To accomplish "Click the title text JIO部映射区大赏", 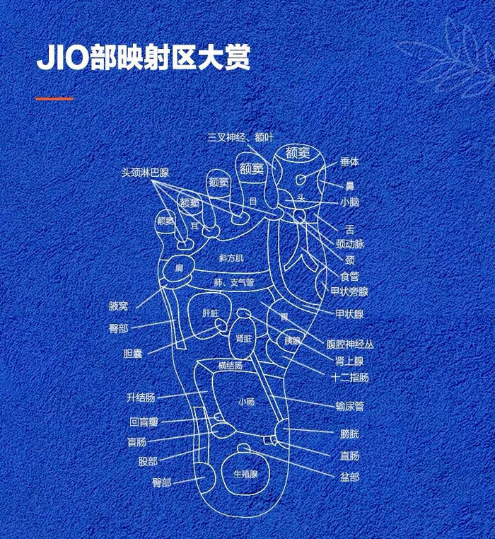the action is click(143, 58).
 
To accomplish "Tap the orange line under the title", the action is click(54, 98).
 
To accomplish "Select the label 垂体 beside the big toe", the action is click(349, 162).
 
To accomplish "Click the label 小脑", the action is click(349, 202).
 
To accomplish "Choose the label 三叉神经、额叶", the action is click(240, 137).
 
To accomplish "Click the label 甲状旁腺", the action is click(349, 291).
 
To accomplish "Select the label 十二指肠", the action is click(349, 377).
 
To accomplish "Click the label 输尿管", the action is click(349, 406).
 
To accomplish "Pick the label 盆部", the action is click(349, 477).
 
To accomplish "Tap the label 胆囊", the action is click(132, 354).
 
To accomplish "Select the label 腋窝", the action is click(119, 306).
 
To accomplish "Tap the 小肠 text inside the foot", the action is click(246, 402).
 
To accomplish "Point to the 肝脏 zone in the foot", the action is click(210, 312).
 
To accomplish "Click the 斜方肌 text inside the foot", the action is click(231, 258).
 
